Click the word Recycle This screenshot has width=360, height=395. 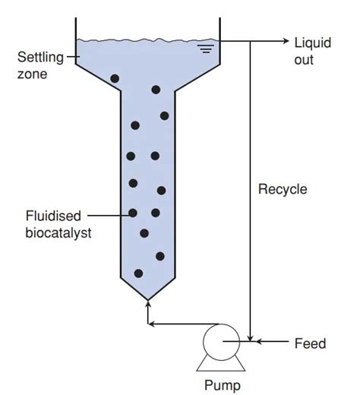click(283, 189)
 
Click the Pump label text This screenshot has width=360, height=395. click(223, 384)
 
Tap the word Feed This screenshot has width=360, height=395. click(310, 344)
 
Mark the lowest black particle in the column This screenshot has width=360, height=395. click(138, 273)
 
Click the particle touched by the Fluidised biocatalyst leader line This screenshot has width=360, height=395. click(133, 213)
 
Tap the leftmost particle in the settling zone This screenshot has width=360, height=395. click(115, 78)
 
